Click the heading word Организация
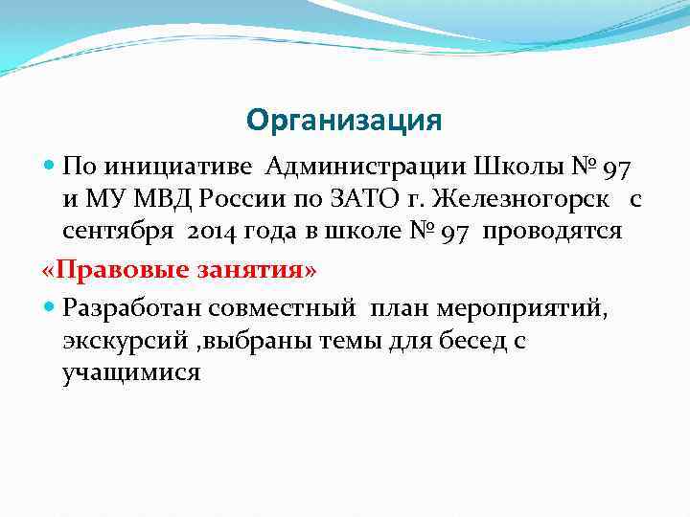[344, 121]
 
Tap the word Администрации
[354, 169]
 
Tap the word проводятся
[553, 232]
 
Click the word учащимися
[131, 372]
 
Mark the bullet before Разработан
[50, 308]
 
